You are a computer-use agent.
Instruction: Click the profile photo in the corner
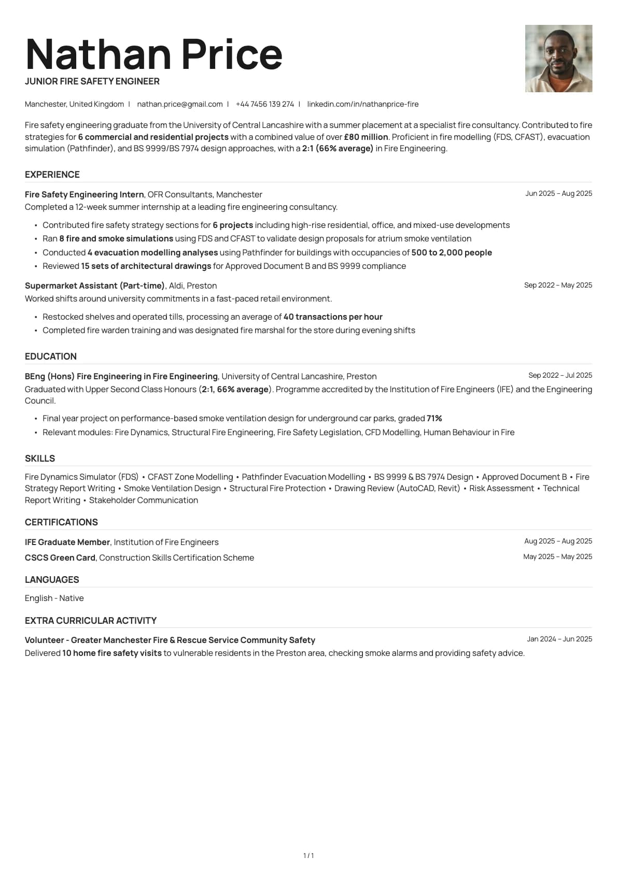point(558,59)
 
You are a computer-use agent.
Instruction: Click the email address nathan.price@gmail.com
point(179,104)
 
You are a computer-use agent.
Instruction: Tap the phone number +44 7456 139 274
point(264,104)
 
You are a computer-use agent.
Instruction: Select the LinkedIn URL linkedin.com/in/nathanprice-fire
point(362,104)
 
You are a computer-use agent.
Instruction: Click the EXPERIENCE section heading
point(52,175)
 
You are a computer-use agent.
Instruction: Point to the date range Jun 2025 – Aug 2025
point(558,193)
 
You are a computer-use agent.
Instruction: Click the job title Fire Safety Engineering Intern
point(84,194)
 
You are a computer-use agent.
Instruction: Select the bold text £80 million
point(366,137)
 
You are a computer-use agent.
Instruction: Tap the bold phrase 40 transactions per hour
point(333,317)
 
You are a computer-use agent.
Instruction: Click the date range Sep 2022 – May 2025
point(558,285)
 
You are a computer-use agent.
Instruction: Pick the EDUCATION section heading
point(51,356)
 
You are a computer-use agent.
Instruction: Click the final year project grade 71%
point(434,418)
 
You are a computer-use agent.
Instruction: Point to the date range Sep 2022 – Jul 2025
point(560,375)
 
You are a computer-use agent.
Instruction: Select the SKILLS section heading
point(40,459)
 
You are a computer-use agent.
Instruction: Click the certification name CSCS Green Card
point(60,557)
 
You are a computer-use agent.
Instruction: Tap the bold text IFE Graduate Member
point(67,542)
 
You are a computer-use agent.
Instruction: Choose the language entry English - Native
point(54,598)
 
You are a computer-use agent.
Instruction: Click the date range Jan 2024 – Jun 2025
point(559,639)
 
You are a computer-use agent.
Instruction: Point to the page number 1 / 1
point(308,855)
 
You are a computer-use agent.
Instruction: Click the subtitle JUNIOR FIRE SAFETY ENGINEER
point(92,81)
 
